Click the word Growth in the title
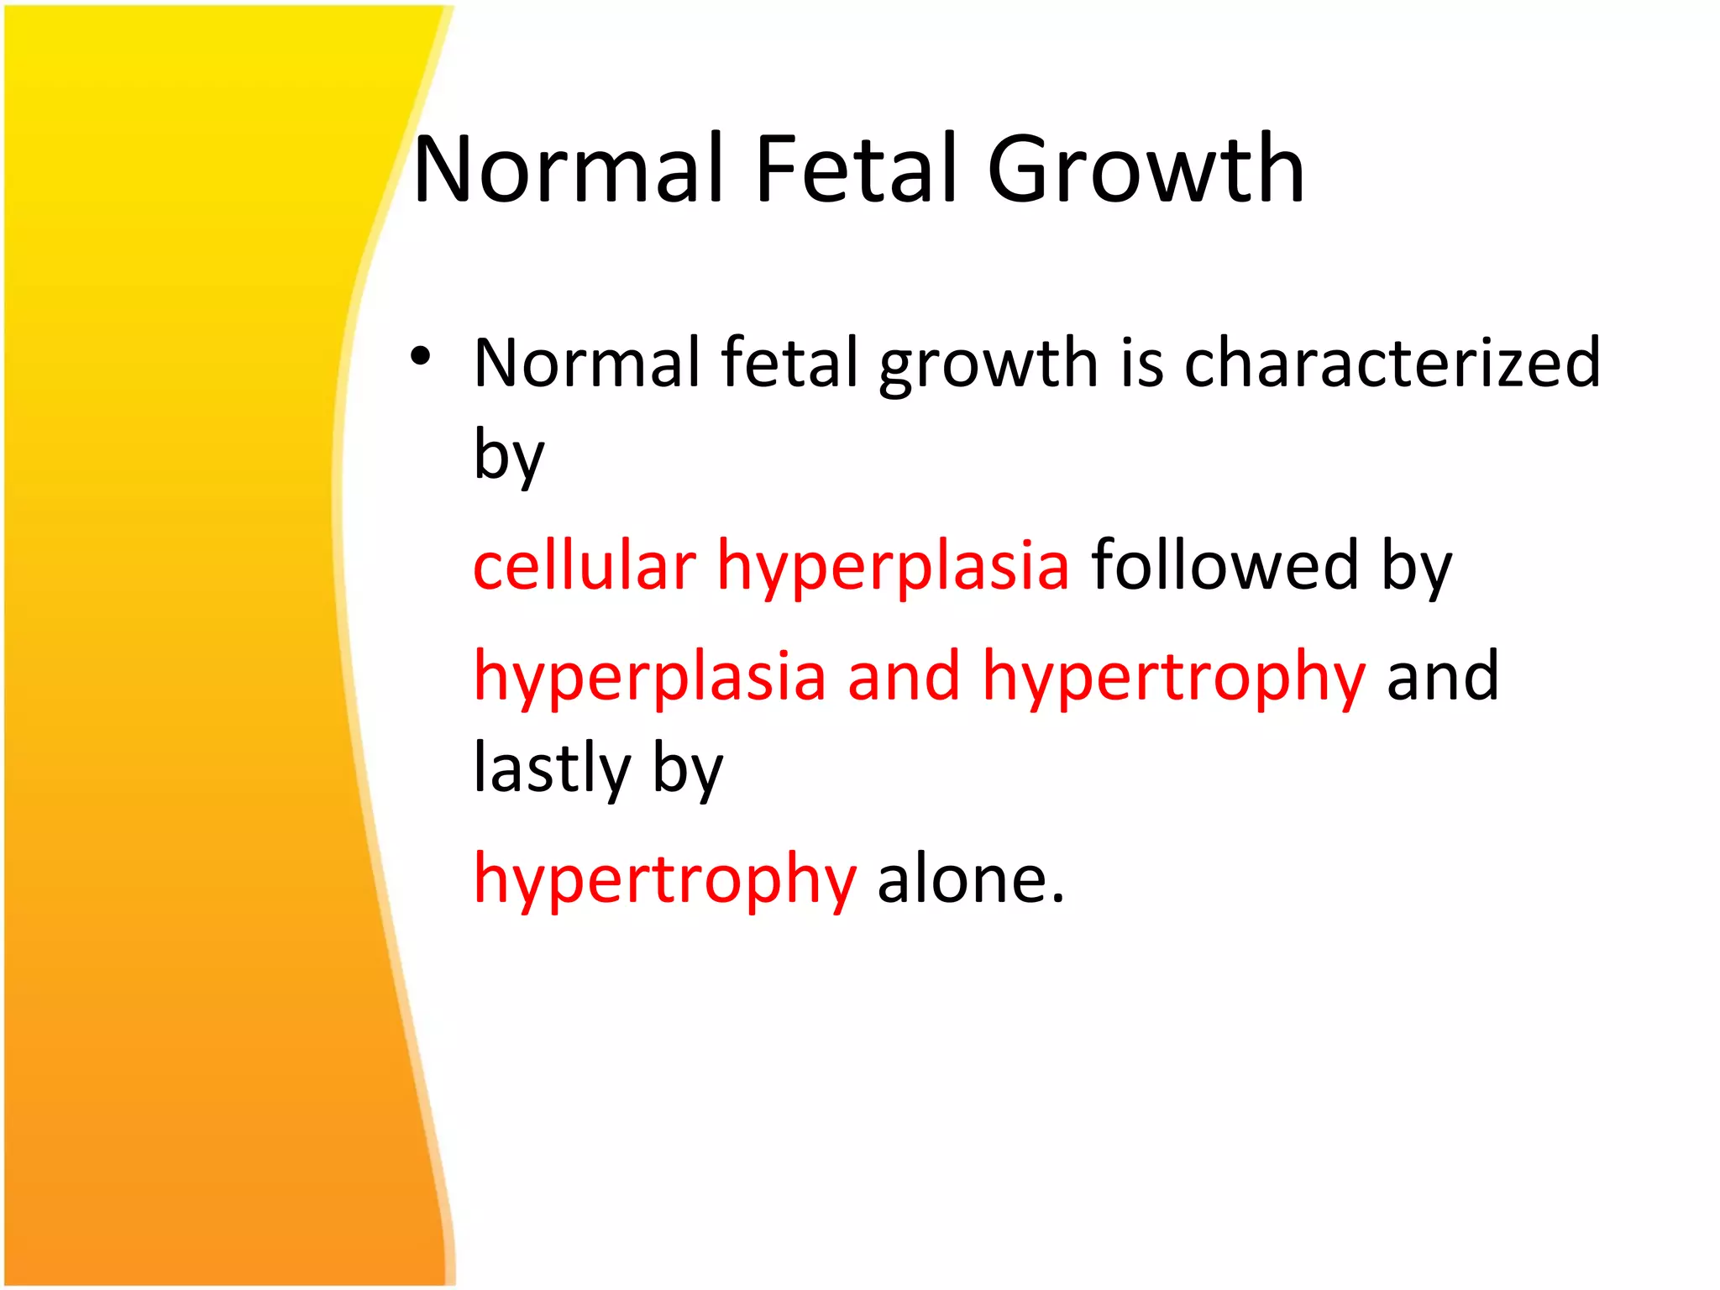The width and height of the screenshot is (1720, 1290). coord(1146,170)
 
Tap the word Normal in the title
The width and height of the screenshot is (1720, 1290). coord(569,170)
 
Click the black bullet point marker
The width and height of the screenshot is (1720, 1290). coord(420,358)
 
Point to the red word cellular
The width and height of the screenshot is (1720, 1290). coord(584,565)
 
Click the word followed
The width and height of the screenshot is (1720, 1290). coord(1224,565)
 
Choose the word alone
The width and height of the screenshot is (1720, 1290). coord(971,879)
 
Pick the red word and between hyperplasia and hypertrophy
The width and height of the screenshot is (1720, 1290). coord(904,676)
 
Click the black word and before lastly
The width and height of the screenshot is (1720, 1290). coord(1442,676)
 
